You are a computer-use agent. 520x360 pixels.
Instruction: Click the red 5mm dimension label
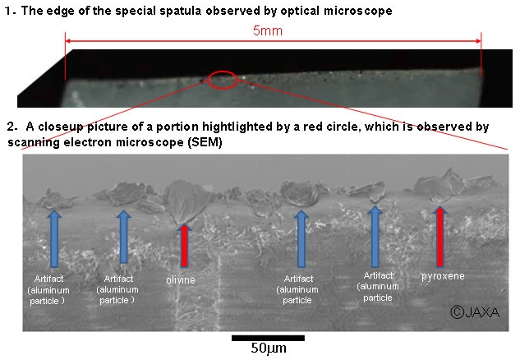tap(268, 31)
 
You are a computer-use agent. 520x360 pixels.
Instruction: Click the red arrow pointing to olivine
tap(184, 245)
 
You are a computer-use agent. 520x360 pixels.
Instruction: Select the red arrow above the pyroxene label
tap(439, 236)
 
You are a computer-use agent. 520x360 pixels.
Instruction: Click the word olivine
tap(181, 280)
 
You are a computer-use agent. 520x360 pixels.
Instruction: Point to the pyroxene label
tap(443, 276)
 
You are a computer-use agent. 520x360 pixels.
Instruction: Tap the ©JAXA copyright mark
tap(475, 312)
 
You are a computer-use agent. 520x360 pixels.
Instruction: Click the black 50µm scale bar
tap(268, 338)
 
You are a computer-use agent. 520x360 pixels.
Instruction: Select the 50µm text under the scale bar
tap(269, 348)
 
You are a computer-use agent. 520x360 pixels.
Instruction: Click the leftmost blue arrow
tap(54, 238)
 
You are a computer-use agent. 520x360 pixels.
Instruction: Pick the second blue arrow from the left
tap(124, 237)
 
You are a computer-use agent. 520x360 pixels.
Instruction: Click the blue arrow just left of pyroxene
tap(375, 237)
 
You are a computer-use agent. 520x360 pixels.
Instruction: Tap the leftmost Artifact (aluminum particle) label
tap(48, 290)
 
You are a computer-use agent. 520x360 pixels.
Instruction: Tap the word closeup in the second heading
tap(61, 127)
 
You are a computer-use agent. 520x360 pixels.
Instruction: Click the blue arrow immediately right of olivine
tap(301, 238)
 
